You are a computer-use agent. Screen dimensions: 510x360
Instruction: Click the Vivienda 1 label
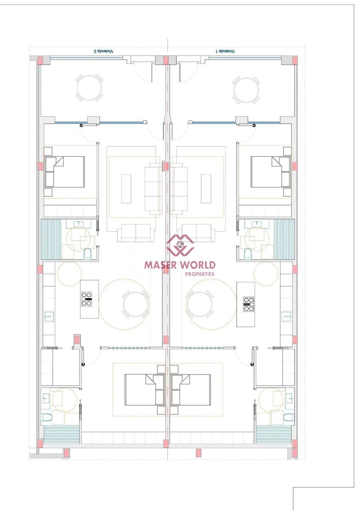tap(225, 51)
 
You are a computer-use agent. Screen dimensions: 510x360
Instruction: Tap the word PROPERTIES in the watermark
tap(200, 274)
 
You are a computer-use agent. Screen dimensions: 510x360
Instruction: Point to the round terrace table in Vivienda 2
tap(89, 88)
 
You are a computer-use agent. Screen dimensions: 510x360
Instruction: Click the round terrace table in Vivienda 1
tap(246, 90)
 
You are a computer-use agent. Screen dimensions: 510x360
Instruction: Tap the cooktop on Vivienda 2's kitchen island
tap(87, 299)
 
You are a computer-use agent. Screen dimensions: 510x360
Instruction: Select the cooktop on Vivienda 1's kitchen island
tap(249, 303)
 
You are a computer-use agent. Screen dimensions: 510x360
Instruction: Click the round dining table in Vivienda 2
tap(136, 304)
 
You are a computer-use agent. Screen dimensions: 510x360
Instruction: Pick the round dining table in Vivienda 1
tap(200, 304)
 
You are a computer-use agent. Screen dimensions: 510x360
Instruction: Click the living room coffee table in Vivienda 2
tap(126, 188)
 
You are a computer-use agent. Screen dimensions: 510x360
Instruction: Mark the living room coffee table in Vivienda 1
tap(206, 188)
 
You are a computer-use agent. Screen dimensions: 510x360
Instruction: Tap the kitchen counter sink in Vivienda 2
tap(49, 317)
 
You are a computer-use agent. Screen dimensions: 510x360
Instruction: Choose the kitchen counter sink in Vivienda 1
tap(286, 317)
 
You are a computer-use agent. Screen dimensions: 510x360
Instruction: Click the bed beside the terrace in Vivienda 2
tap(65, 172)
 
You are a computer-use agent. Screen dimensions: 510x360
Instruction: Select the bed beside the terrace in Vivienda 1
tap(271, 172)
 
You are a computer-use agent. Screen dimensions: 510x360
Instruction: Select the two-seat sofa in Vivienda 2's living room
tap(136, 232)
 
